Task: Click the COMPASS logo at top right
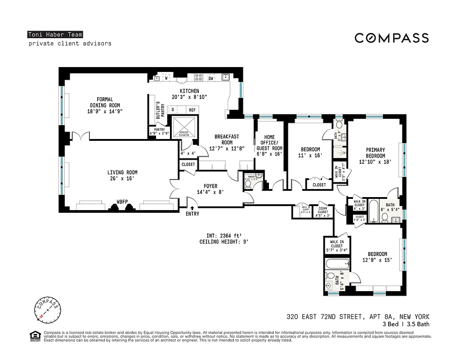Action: [391, 38]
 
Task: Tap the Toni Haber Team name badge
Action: [55, 35]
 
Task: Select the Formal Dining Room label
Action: [105, 105]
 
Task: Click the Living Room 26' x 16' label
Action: [122, 175]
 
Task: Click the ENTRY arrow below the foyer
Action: [192, 208]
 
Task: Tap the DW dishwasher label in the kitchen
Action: [210, 78]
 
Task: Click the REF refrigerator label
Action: [192, 110]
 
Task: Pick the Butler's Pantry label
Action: [158, 110]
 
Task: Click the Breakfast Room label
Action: [226, 142]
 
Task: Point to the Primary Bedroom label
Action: [375, 156]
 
